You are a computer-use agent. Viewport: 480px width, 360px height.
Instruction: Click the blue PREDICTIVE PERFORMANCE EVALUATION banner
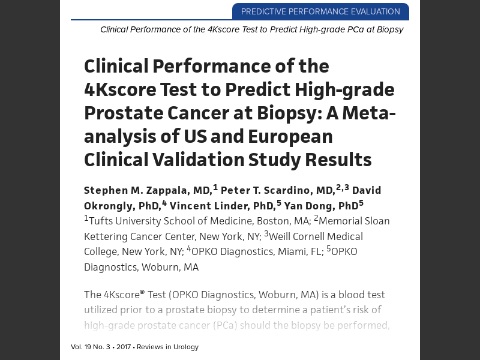point(320,11)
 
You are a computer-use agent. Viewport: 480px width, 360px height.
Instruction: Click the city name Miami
point(291,251)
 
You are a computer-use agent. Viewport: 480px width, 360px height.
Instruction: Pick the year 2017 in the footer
point(124,347)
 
